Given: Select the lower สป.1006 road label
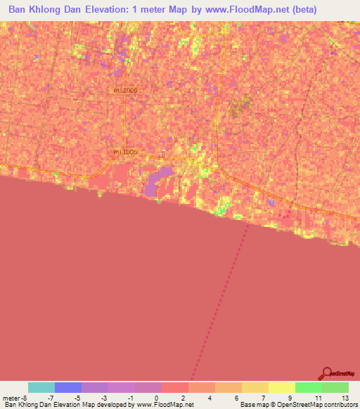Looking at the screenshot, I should [124, 152].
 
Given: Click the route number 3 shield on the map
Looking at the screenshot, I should [193, 162].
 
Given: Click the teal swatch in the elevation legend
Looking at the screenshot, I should [41, 387].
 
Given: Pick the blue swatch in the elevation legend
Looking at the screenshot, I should [68, 387].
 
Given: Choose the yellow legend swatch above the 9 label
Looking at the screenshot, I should [282, 387].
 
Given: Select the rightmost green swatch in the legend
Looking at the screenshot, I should [335, 387].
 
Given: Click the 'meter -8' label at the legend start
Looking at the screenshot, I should [15, 398].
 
